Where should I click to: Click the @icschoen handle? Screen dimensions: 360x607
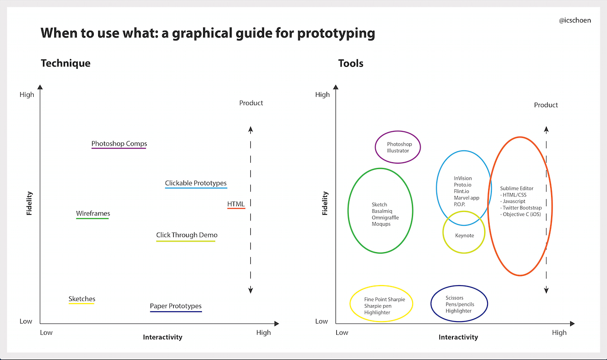[x=575, y=20]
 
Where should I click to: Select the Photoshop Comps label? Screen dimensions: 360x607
[x=119, y=144]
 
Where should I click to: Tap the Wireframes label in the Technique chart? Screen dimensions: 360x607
[x=93, y=213]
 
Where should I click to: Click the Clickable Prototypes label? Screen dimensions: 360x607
[x=196, y=183]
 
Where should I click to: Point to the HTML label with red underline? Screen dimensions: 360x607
[x=236, y=204]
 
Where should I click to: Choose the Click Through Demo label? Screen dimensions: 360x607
[x=187, y=235]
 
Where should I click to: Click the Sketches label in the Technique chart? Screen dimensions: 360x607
[x=82, y=299]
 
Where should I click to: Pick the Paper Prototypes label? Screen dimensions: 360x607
[x=175, y=306]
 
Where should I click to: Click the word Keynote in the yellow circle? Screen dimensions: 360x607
[x=464, y=236]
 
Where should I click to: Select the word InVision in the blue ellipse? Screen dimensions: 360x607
[x=463, y=178]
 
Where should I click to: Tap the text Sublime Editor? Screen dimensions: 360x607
[x=516, y=188]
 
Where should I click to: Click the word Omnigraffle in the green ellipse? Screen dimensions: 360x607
[x=385, y=218]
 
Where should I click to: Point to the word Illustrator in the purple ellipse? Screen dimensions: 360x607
[x=398, y=151]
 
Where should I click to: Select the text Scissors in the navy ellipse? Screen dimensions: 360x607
[x=454, y=298]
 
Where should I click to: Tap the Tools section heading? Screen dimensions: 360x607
[x=350, y=63]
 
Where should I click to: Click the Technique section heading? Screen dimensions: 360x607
[x=65, y=63]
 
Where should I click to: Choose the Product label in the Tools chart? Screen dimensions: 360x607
[x=546, y=105]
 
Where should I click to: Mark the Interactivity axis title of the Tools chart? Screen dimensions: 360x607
[x=458, y=337]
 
